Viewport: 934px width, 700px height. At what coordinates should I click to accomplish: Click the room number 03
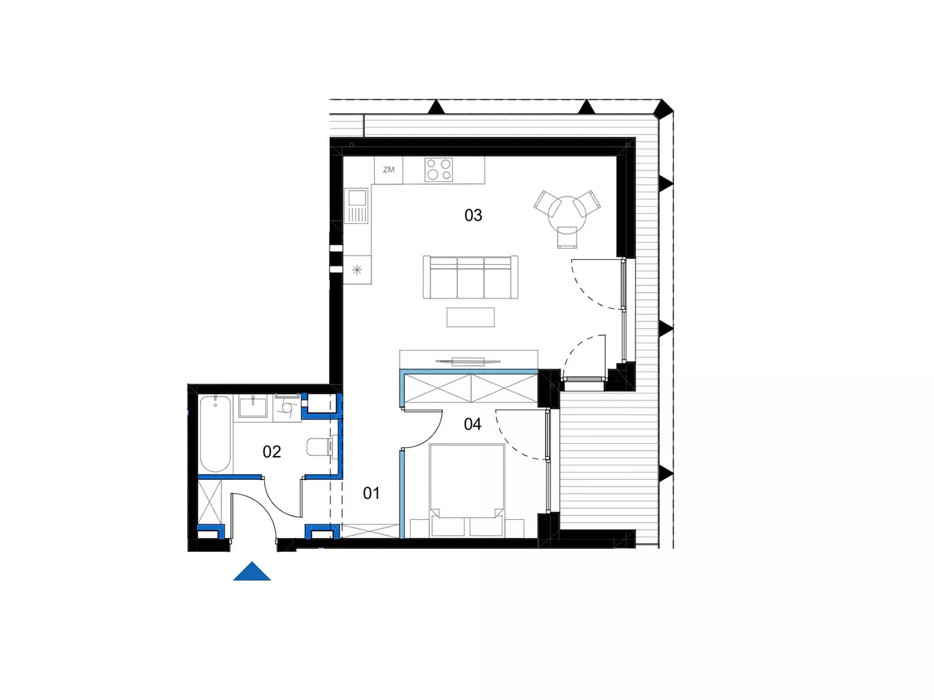[473, 215]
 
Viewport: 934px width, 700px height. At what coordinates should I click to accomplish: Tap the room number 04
[472, 424]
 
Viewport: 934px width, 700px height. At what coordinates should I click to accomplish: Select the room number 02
[272, 451]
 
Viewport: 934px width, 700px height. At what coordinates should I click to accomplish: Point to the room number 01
[371, 493]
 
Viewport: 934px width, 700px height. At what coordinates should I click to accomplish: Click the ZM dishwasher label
[388, 169]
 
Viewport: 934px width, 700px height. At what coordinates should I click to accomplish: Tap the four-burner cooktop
[439, 169]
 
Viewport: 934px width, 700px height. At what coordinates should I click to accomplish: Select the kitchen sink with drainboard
[358, 206]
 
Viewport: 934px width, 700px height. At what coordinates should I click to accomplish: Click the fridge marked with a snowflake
[358, 269]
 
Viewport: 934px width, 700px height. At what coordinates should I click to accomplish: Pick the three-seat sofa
[470, 277]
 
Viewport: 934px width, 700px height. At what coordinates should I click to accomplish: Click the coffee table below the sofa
[470, 317]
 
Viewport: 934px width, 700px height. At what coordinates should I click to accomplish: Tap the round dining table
[567, 213]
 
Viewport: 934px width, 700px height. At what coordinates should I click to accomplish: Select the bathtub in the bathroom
[215, 434]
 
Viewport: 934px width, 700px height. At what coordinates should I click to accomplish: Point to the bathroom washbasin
[253, 406]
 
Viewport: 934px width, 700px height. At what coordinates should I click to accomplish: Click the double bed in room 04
[467, 491]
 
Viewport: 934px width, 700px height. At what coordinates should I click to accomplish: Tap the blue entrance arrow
[252, 571]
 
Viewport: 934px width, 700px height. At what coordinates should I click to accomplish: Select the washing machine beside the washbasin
[288, 407]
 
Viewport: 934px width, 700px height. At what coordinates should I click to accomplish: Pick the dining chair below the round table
[567, 237]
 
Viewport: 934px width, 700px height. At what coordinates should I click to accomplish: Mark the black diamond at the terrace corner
[662, 109]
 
